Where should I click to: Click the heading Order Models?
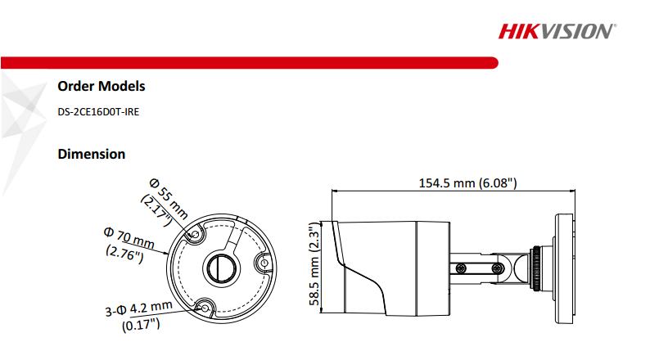click(102, 86)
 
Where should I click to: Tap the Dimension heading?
click(91, 154)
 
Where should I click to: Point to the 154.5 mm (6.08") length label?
click(467, 182)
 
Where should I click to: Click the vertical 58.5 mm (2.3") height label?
click(314, 264)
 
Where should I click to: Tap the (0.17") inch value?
click(140, 326)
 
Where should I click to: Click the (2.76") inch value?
click(124, 254)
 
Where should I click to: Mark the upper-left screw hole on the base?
click(196, 236)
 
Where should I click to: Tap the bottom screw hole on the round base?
click(205, 308)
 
